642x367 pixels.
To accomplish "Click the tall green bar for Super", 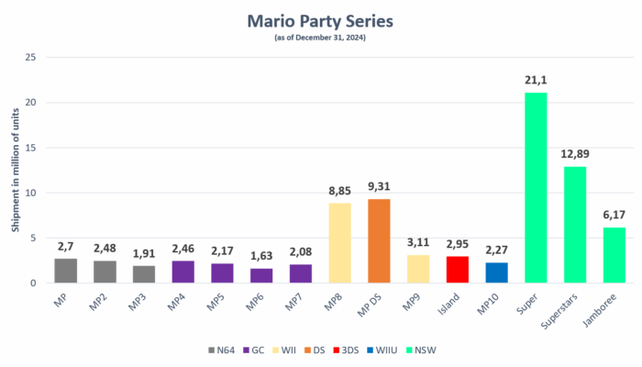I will (536, 187).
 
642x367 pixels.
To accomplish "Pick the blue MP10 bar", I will (496, 272).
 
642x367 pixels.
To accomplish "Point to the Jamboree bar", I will (614, 254).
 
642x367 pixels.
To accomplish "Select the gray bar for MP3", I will (144, 273).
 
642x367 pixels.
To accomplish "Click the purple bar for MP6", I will (261, 275).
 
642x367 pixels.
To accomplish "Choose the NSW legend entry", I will (445, 350).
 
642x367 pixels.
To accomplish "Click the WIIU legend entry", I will (399, 350).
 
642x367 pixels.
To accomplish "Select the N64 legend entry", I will (222, 350).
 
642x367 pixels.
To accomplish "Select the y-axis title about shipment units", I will (15, 170).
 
